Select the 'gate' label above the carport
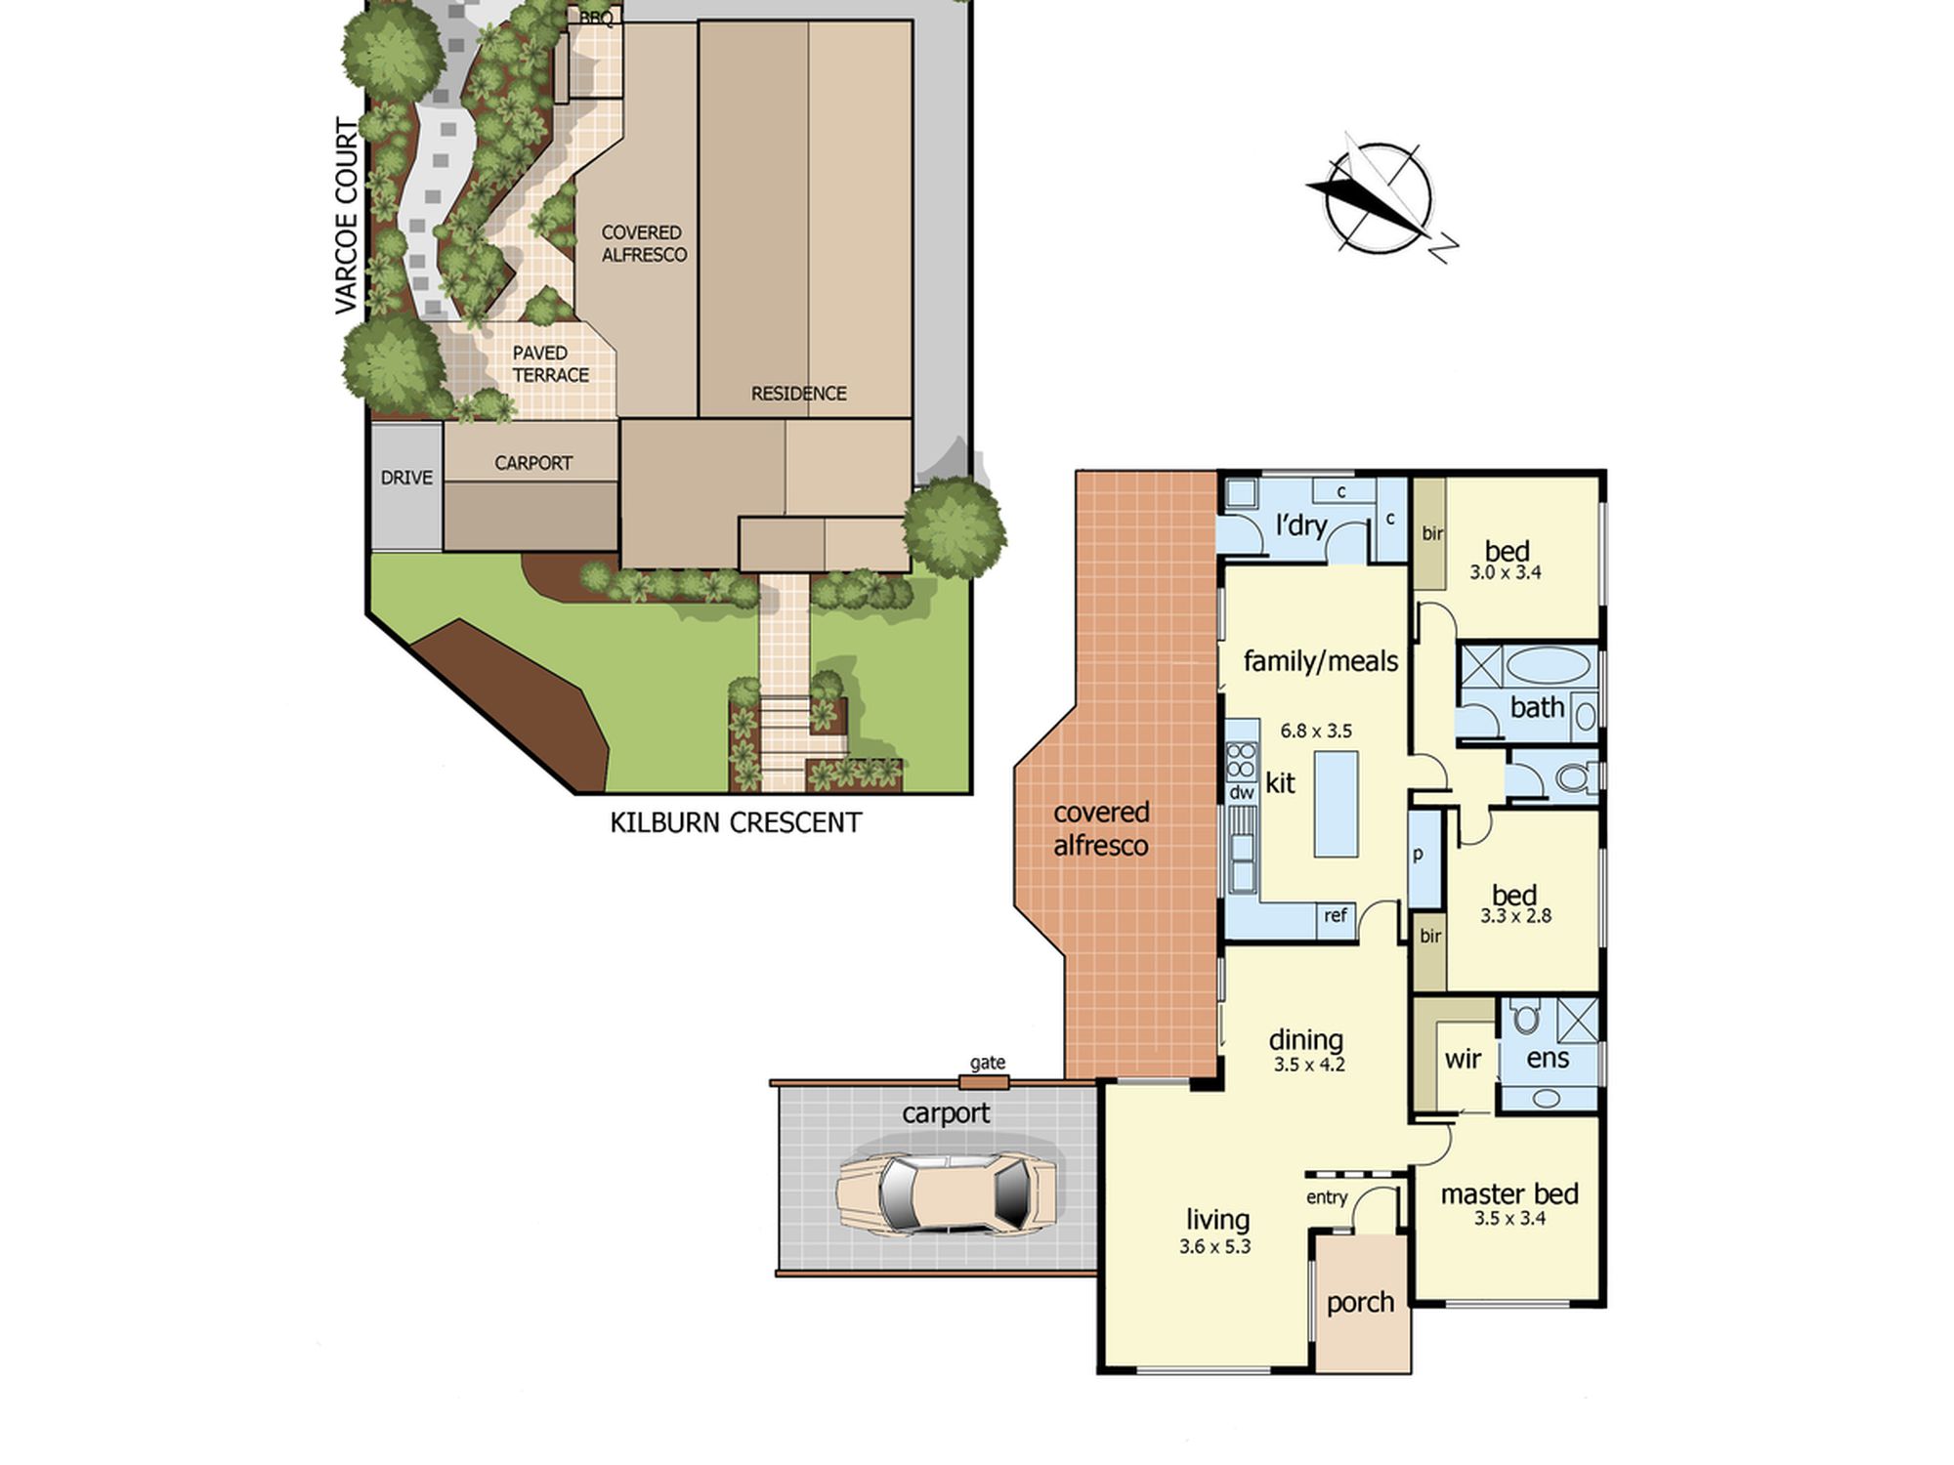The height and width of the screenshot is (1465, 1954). pyautogui.click(x=988, y=1063)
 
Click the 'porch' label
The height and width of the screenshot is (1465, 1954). pyautogui.click(x=1360, y=1303)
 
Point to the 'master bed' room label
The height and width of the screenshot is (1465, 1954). pyautogui.click(x=1509, y=1193)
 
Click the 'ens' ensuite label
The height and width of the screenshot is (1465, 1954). pyautogui.click(x=1548, y=1059)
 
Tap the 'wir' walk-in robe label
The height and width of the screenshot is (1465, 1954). pyautogui.click(x=1463, y=1059)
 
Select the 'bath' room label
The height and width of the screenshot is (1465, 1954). pyautogui.click(x=1537, y=707)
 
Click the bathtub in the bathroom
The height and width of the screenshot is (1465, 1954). pyautogui.click(x=1549, y=666)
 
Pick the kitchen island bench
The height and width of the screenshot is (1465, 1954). pyautogui.click(x=1336, y=804)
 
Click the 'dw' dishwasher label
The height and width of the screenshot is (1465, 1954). pyautogui.click(x=1242, y=793)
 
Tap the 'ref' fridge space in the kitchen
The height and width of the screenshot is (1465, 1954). pyautogui.click(x=1336, y=916)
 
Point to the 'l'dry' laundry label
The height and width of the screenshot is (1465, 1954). pyautogui.click(x=1300, y=526)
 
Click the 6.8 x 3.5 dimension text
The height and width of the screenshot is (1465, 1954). pyautogui.click(x=1316, y=731)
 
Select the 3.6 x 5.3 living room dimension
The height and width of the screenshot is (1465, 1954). pyautogui.click(x=1214, y=1246)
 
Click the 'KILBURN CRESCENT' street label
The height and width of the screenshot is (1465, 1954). pyautogui.click(x=736, y=823)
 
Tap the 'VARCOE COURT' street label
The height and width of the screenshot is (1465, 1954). pyautogui.click(x=347, y=217)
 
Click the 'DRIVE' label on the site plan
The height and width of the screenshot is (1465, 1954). pyautogui.click(x=406, y=478)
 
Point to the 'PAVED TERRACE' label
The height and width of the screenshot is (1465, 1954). pyautogui.click(x=550, y=364)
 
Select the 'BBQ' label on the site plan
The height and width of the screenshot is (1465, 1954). pyautogui.click(x=596, y=18)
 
